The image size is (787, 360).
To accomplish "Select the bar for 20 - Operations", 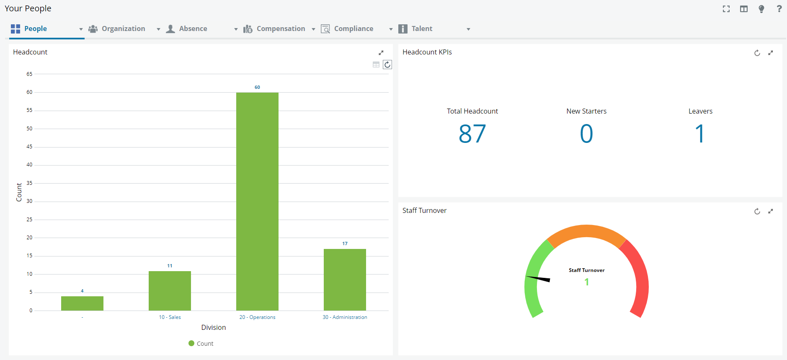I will [x=257, y=201].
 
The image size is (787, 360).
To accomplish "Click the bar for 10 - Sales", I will [x=170, y=290].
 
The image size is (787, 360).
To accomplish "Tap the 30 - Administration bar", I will [x=345, y=280].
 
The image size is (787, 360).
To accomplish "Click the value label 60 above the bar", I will [x=257, y=87].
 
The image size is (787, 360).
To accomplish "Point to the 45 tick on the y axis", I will [x=29, y=147].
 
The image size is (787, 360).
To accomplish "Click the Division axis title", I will [x=213, y=327].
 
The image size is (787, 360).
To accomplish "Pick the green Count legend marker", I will [x=191, y=343].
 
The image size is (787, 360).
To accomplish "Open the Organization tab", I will [x=123, y=28].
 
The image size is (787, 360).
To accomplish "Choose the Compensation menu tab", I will [x=281, y=28].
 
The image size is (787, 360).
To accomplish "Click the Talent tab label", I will [x=421, y=28].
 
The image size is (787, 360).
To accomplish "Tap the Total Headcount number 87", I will [x=472, y=134].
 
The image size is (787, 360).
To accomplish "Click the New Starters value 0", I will [x=586, y=134].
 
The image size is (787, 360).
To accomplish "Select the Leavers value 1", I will [x=700, y=134].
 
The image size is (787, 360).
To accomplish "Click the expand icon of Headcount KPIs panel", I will [x=770, y=53].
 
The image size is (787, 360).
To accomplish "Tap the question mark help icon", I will [x=779, y=9].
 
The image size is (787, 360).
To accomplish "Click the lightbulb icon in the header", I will [x=761, y=9].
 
